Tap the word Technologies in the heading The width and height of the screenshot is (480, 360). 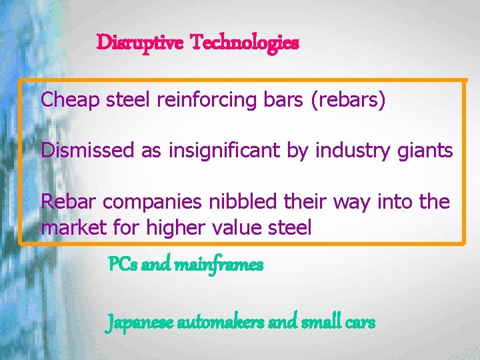click(245, 43)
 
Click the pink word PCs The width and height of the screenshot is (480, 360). click(122, 265)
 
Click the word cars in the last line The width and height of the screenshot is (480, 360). click(360, 323)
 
